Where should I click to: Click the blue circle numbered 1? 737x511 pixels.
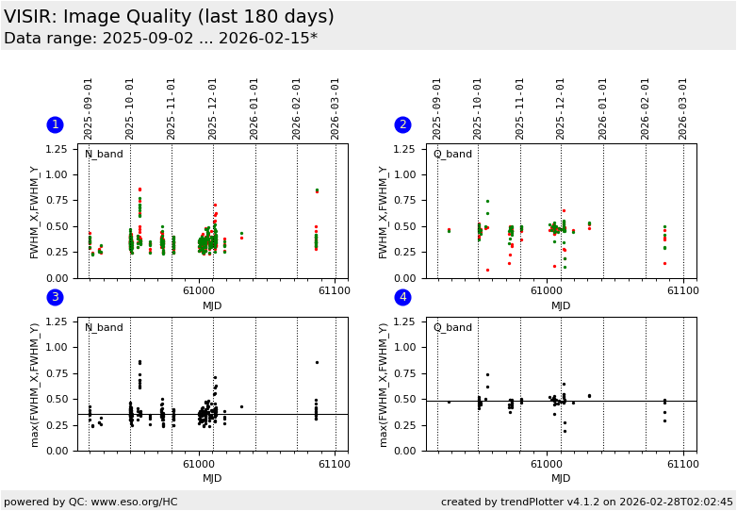55,124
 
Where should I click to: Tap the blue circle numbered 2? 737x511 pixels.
403,124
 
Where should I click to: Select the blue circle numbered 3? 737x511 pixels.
55,298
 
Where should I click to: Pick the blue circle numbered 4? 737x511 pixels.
403,298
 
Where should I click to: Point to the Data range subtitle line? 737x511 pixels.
160,39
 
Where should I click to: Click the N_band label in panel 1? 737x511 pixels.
104,155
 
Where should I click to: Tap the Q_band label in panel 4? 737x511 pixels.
452,328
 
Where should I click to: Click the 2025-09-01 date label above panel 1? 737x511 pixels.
89,108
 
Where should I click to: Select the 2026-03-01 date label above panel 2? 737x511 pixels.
684,108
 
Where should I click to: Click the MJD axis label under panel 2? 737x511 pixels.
561,305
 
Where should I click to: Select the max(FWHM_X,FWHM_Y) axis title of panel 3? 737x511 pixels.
34,384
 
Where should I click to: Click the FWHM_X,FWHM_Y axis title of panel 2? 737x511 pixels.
384,211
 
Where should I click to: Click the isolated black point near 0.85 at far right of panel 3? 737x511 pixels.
317,362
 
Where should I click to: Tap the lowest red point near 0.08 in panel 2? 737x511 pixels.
487,270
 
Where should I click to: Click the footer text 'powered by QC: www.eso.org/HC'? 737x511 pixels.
90,502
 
